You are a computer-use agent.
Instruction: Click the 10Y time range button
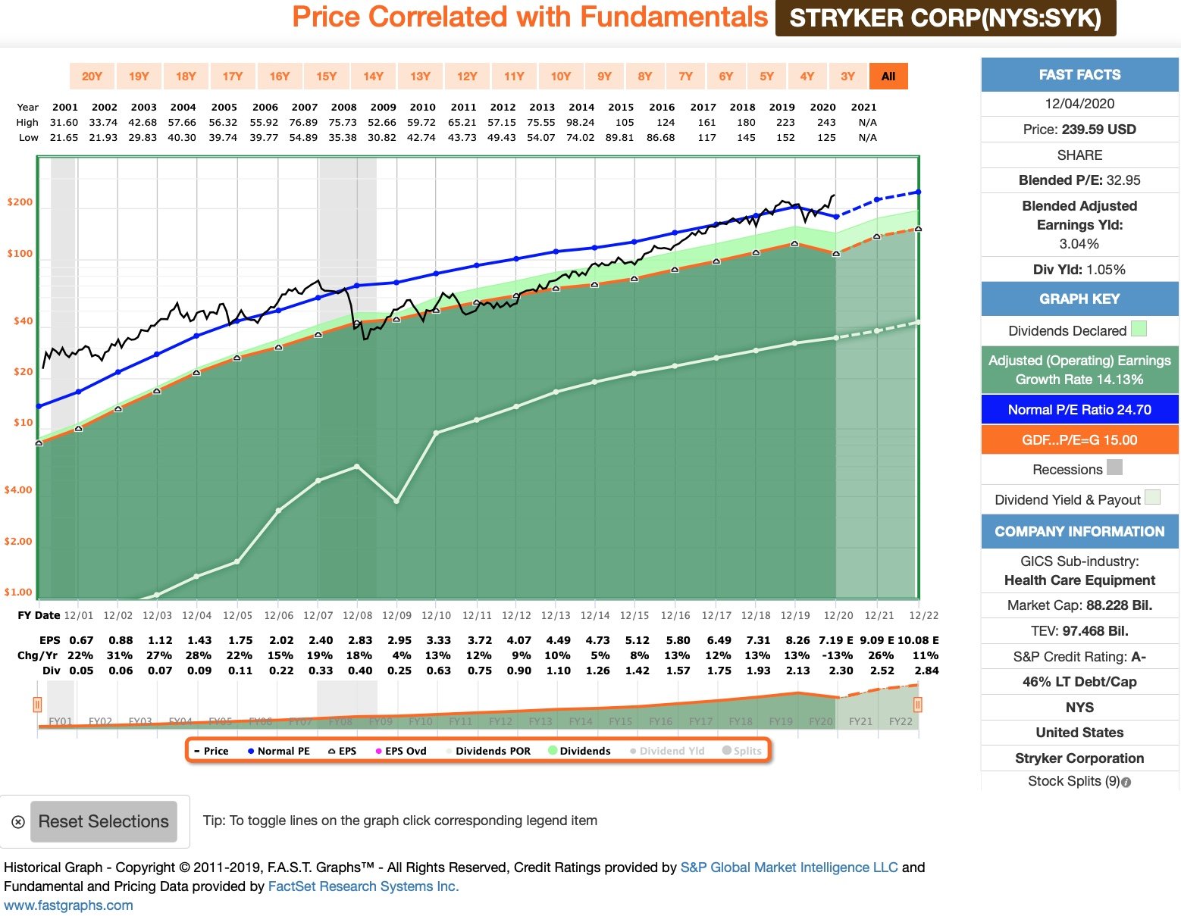(561, 76)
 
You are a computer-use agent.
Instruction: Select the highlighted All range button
(888, 76)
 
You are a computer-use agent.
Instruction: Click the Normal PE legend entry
(278, 751)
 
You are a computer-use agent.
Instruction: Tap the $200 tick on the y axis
(20, 202)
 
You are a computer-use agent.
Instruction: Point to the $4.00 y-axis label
(18, 490)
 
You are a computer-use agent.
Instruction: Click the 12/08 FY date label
(357, 616)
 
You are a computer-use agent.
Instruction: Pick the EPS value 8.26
(797, 640)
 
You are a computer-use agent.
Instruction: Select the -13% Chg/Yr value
(837, 655)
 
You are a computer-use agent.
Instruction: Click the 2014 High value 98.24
(580, 122)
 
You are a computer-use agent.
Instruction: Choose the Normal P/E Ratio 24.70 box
(1079, 410)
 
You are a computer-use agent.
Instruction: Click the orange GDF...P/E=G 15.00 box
(1079, 440)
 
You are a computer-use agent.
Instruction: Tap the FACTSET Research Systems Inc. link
(363, 886)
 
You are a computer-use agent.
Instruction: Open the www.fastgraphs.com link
(68, 905)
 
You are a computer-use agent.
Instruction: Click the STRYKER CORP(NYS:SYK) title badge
(945, 18)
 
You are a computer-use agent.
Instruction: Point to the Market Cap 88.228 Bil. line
(1079, 605)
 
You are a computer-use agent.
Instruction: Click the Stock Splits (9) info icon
(1126, 782)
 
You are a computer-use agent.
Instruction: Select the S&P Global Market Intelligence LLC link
(788, 868)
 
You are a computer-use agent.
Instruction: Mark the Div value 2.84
(926, 671)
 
